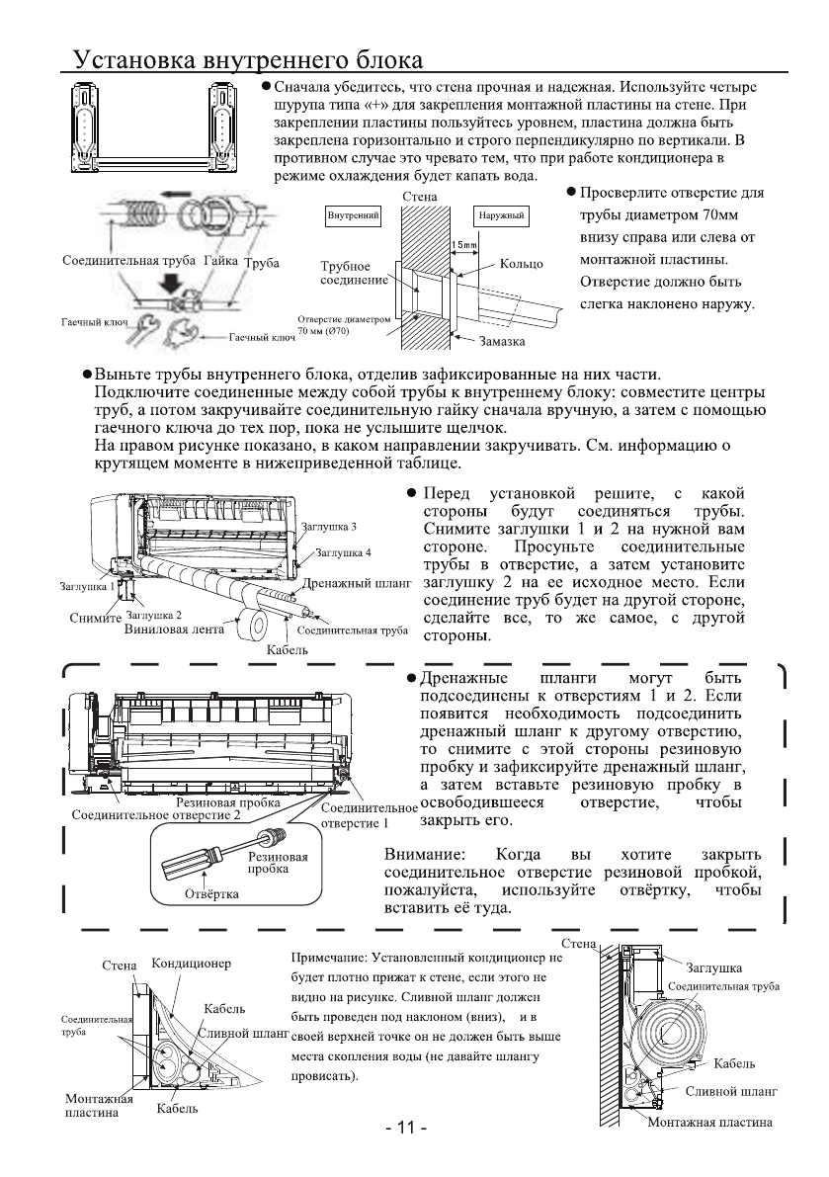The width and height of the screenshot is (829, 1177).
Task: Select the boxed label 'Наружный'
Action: (x=500, y=214)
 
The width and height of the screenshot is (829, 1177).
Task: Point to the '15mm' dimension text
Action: (x=463, y=243)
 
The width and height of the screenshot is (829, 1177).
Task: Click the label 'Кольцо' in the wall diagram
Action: (x=523, y=265)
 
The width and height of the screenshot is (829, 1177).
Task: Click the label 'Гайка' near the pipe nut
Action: (x=221, y=264)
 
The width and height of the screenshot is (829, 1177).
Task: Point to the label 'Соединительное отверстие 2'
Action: (x=156, y=815)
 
